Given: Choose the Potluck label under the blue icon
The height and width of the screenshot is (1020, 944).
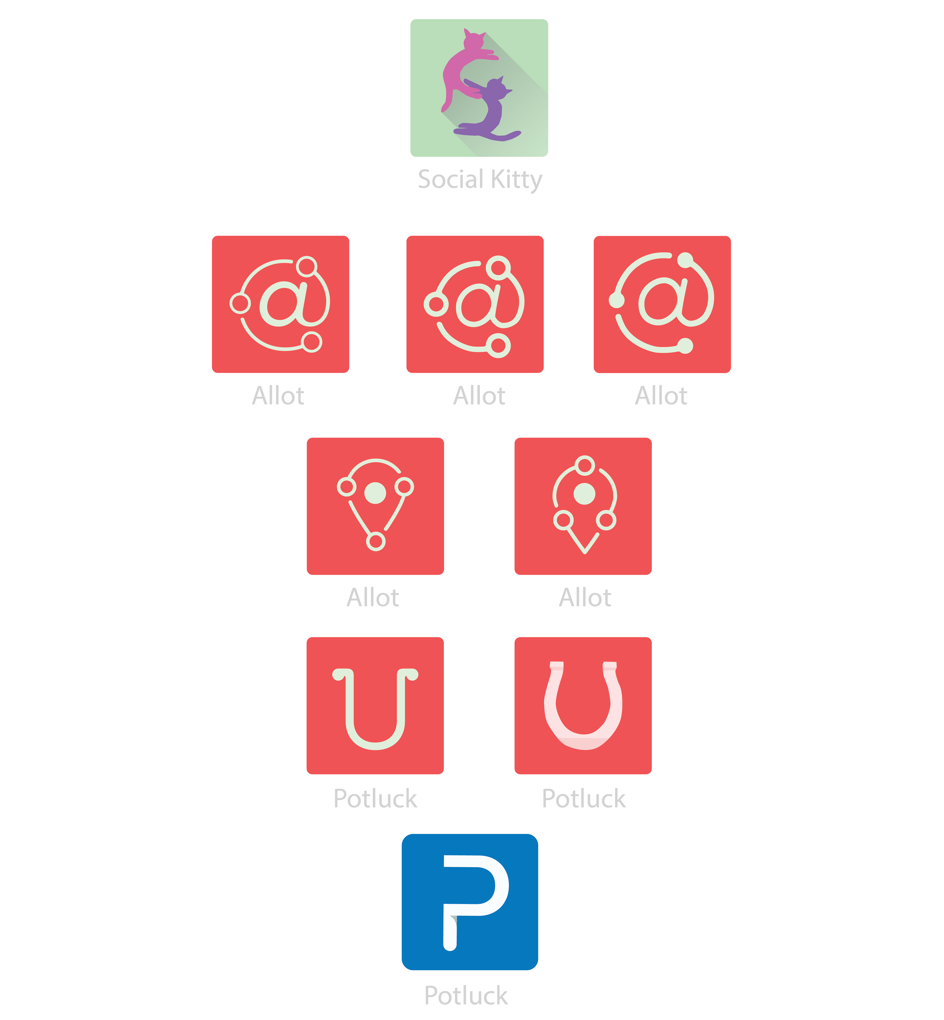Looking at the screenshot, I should (x=466, y=995).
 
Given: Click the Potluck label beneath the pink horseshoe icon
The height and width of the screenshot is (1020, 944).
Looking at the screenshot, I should (x=583, y=798).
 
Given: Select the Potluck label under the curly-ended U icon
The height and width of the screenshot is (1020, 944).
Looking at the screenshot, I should (x=375, y=798).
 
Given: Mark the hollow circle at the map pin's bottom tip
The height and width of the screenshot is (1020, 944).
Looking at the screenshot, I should (x=375, y=541).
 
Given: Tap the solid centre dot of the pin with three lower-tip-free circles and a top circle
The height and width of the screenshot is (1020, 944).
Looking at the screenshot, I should (x=584, y=494).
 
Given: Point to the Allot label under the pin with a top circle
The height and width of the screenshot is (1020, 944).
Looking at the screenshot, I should (x=585, y=597).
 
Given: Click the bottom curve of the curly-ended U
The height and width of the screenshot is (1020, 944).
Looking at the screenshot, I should (x=375, y=743).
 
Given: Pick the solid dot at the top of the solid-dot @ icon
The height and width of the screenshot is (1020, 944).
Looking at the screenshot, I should (x=685, y=260).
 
